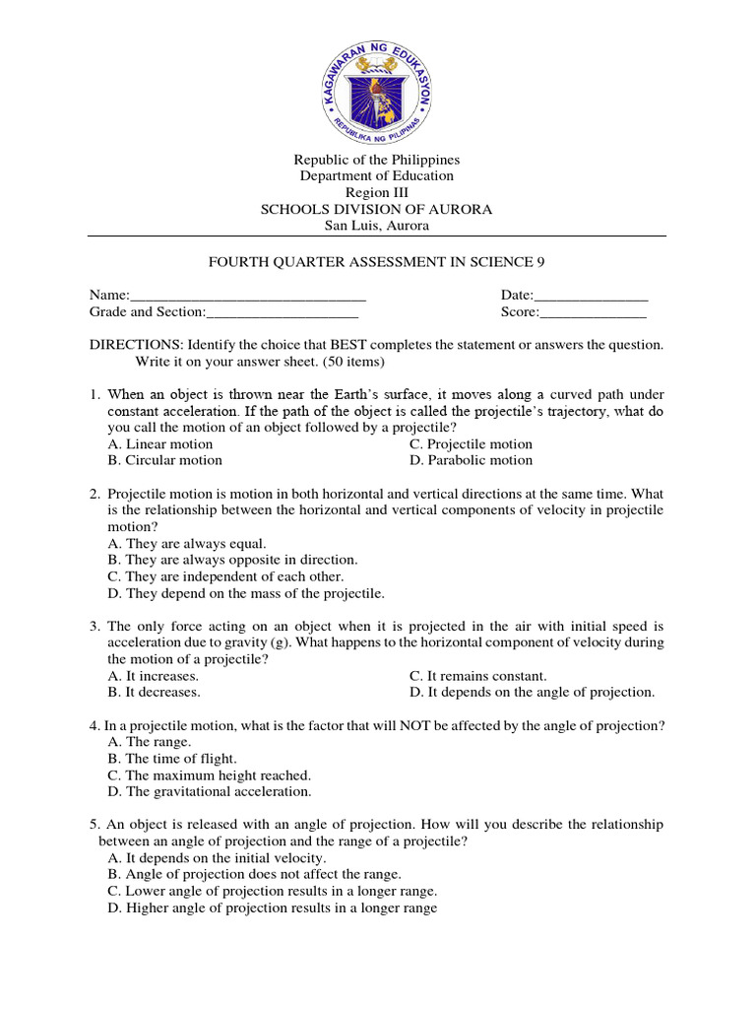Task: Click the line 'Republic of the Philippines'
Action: (377, 160)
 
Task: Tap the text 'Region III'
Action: (376, 193)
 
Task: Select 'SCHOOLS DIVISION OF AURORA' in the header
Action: (376, 210)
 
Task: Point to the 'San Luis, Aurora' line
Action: (377, 226)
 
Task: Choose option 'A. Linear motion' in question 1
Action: (160, 444)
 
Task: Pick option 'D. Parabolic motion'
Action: (471, 460)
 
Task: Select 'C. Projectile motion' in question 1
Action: (471, 444)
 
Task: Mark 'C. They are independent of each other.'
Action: (225, 576)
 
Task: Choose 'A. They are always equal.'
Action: (187, 543)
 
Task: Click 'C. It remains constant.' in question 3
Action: (477, 676)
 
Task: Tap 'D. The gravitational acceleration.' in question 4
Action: (210, 791)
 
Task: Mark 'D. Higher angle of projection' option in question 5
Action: (273, 908)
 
